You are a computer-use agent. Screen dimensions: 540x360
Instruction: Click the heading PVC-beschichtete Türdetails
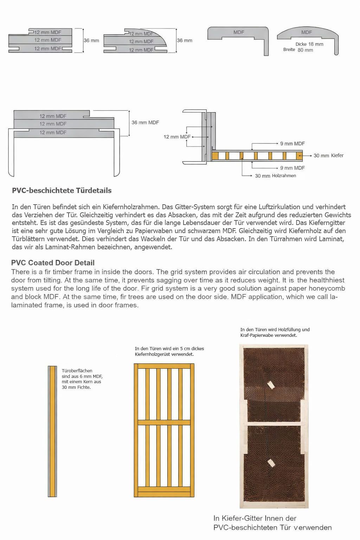62,191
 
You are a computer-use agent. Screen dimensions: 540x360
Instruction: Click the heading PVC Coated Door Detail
53,263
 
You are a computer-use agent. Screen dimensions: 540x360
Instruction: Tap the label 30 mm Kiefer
328,155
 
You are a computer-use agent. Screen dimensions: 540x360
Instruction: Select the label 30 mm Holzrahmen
275,176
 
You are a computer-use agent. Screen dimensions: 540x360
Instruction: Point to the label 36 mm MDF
145,122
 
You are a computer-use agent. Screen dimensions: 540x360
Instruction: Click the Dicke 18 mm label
309,44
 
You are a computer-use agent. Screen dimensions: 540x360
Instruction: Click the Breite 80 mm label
298,50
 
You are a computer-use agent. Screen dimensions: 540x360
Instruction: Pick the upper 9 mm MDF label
292,143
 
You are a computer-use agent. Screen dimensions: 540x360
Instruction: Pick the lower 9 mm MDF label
292,168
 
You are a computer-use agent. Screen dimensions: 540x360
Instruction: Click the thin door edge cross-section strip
52,431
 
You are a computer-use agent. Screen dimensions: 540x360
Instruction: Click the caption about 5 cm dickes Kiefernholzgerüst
169,351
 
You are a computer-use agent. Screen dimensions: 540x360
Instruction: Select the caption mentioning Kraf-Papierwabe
275,332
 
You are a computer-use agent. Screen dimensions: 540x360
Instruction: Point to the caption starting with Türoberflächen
82,379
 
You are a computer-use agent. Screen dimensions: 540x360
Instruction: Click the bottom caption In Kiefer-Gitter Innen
272,523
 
